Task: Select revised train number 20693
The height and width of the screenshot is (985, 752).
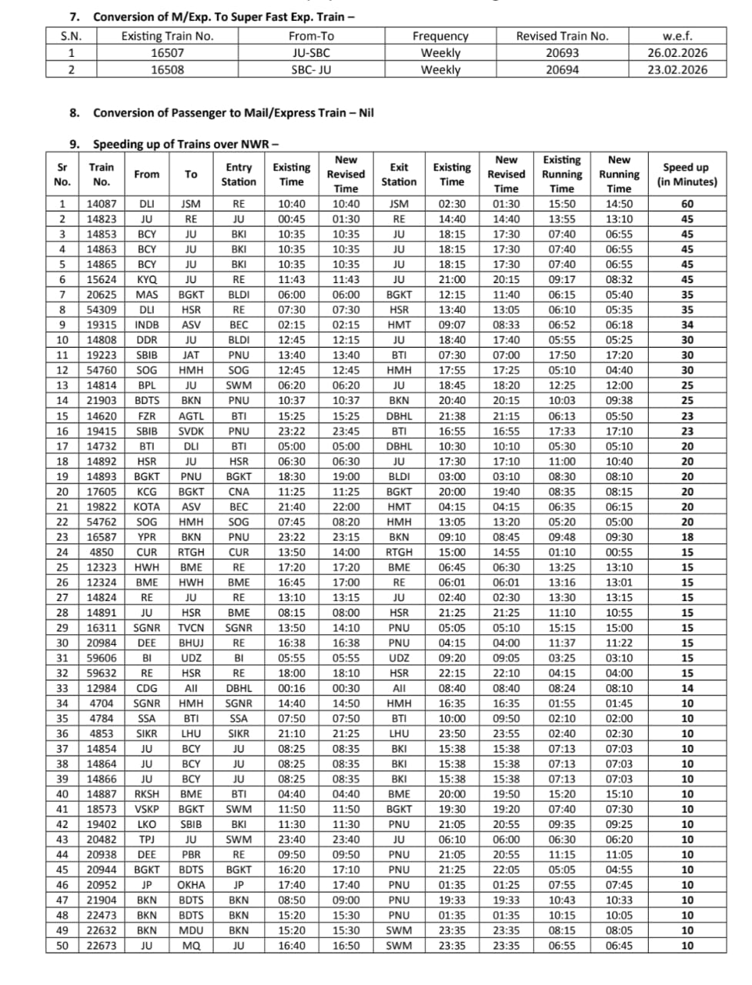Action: [x=562, y=53]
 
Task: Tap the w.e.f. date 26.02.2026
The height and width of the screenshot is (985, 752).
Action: [x=677, y=53]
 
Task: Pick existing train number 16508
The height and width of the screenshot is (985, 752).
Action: [x=167, y=69]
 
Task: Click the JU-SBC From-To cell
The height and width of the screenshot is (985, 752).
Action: [x=311, y=53]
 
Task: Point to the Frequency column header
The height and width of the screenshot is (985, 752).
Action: [x=440, y=36]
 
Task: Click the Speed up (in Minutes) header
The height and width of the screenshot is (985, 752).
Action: [x=687, y=175]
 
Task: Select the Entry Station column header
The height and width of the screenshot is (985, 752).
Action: [x=239, y=175]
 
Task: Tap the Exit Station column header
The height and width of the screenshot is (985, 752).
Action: [x=399, y=175]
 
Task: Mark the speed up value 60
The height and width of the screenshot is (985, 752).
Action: [x=687, y=204]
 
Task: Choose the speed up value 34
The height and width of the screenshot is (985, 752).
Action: [x=687, y=325]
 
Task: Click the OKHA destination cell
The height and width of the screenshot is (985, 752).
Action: [x=191, y=885]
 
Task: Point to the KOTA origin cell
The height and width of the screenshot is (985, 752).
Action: [x=146, y=506]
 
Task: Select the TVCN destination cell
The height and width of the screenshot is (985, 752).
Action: [x=191, y=628]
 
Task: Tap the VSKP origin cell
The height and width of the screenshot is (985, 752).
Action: [x=146, y=809]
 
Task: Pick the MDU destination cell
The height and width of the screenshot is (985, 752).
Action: [x=191, y=930]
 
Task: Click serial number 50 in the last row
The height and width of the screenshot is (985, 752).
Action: [x=62, y=946]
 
